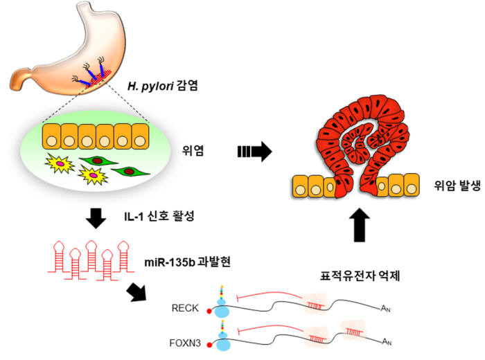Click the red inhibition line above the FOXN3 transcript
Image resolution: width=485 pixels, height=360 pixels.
tap(270, 330)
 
